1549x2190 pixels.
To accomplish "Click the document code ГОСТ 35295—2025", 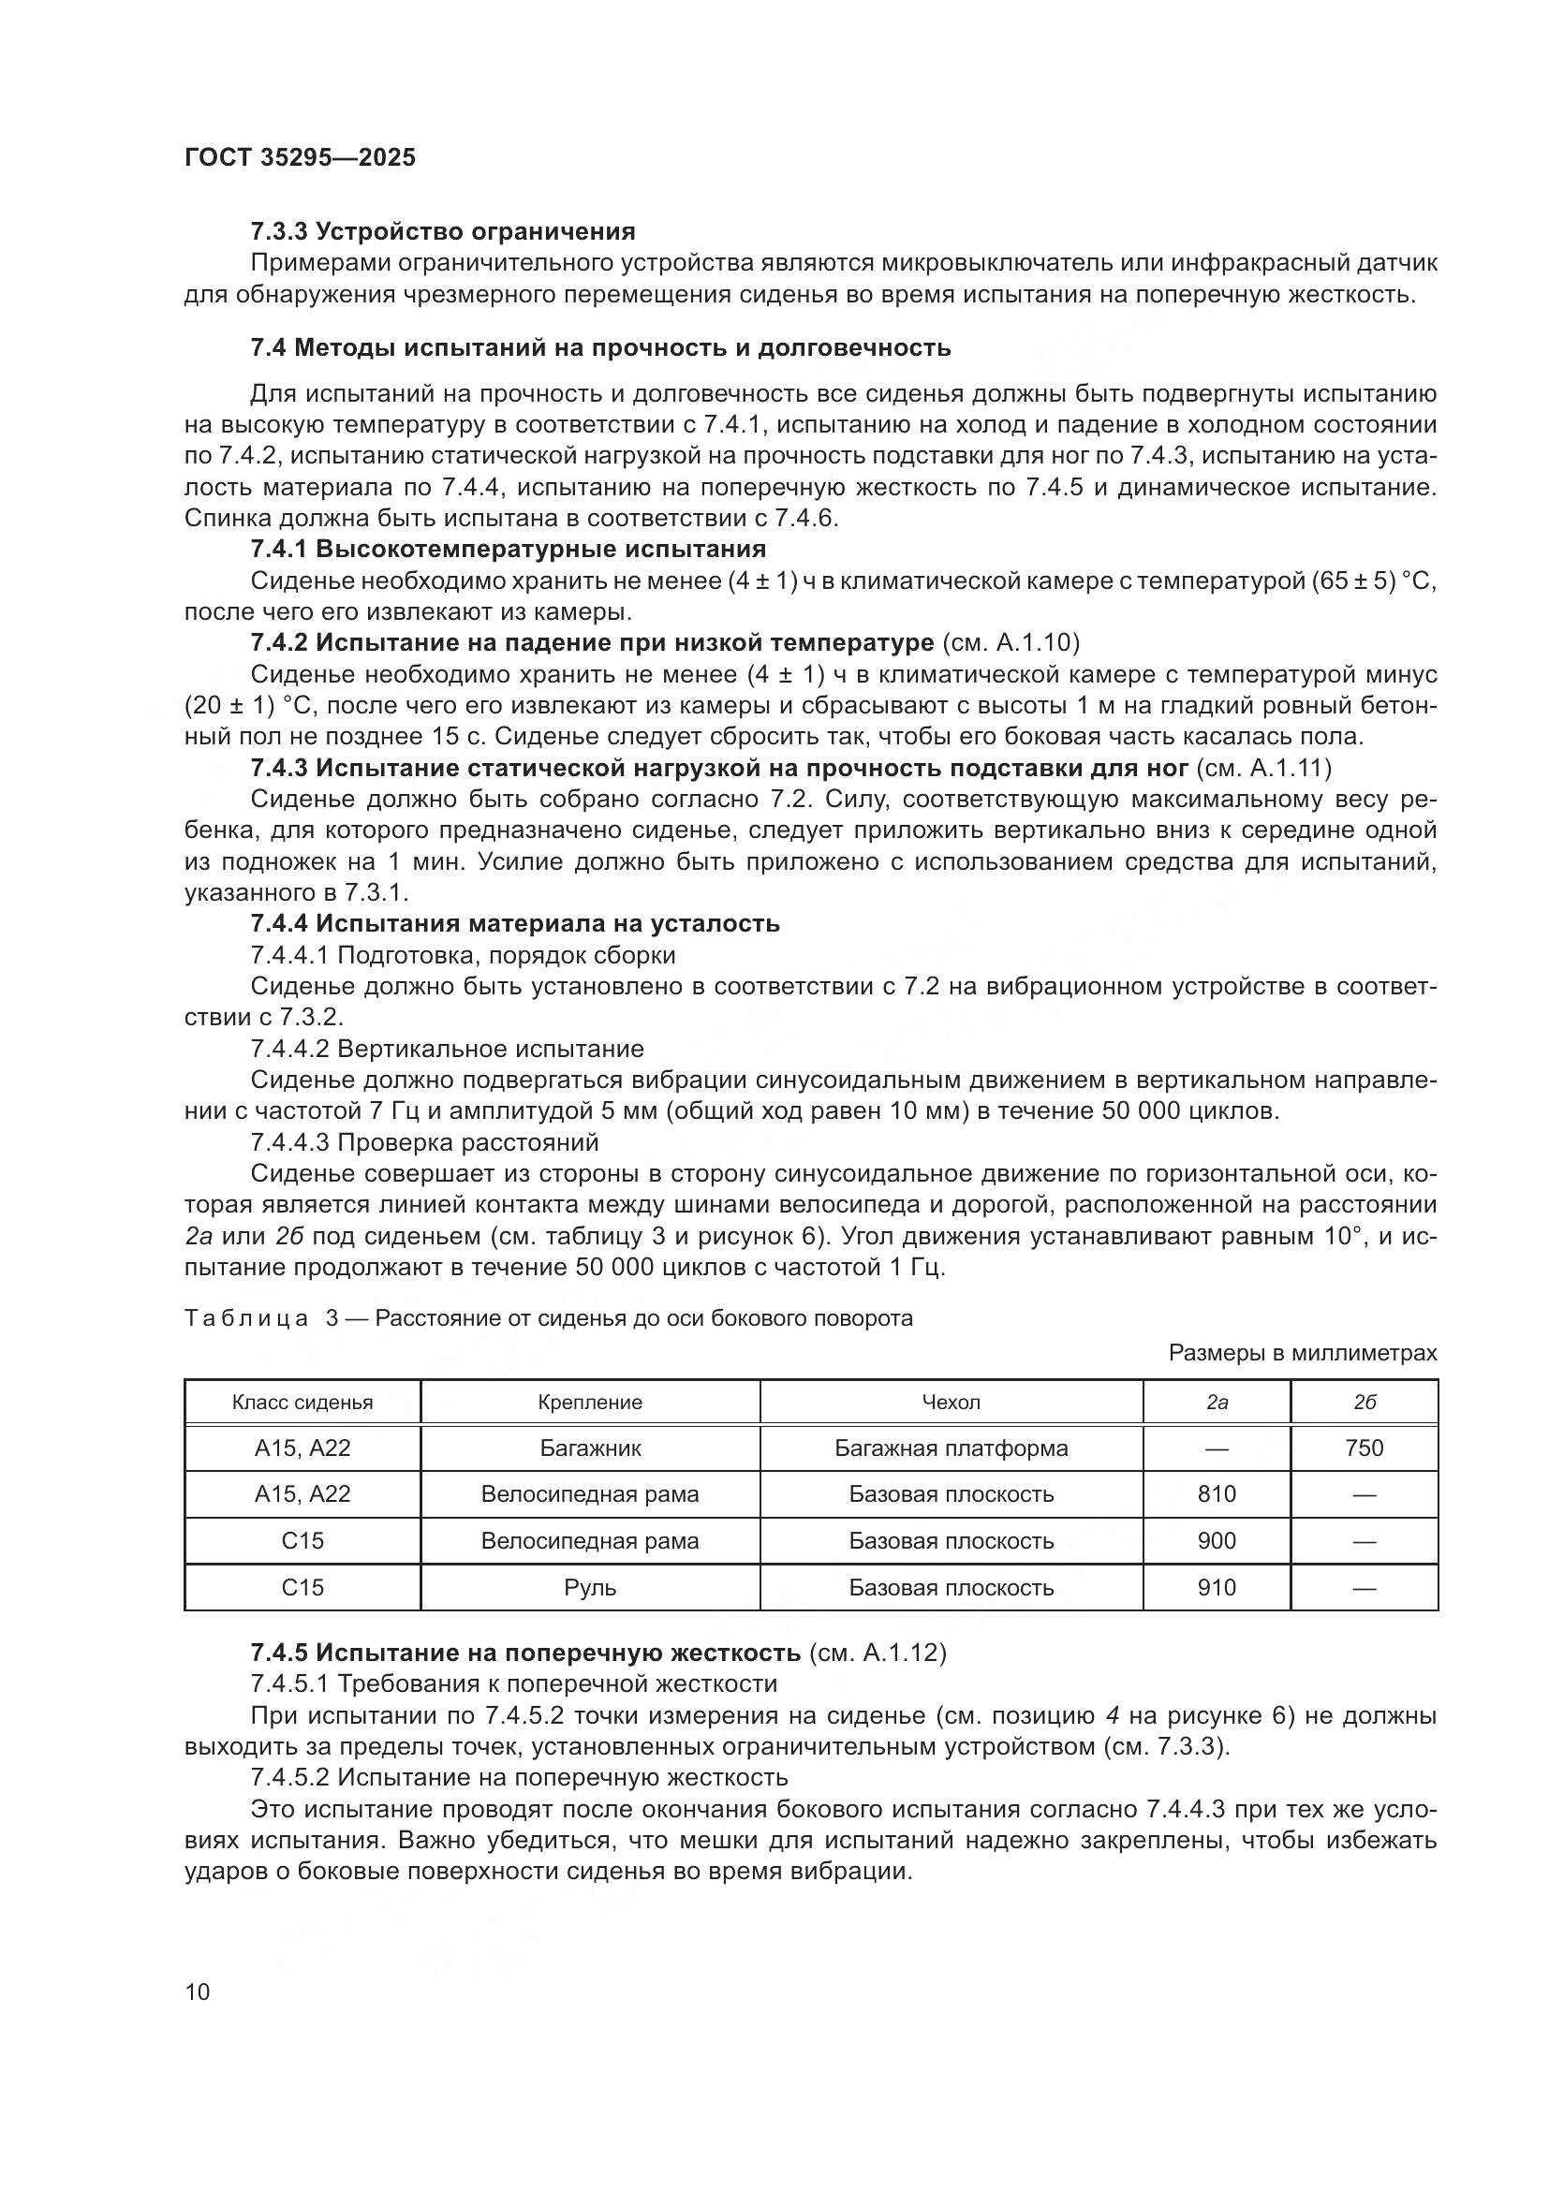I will (x=300, y=158).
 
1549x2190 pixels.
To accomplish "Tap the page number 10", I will (x=198, y=1992).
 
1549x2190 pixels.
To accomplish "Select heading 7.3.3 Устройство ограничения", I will (x=443, y=232).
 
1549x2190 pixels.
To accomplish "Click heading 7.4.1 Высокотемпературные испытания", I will (x=508, y=550).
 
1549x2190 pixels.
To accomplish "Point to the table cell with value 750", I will (x=1363, y=1448).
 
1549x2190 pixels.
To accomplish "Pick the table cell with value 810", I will (x=1217, y=1494).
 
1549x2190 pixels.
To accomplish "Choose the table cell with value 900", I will (x=1217, y=1541).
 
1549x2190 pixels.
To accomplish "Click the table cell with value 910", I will (x=1217, y=1588).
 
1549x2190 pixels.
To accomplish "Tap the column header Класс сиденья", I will (x=302, y=1404).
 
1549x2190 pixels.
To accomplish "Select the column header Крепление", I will (x=589, y=1404).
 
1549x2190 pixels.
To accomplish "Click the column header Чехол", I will (x=950, y=1404).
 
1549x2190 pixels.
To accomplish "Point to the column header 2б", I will (x=1363, y=1404).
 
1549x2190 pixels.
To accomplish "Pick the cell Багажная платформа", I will (x=950, y=1448).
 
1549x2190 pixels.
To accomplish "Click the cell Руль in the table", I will (x=589, y=1588).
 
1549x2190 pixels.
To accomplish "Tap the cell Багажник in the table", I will (x=589, y=1448).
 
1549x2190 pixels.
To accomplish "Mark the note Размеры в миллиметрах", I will (x=1302, y=1354).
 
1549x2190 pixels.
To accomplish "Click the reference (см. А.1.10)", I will (x=1011, y=644).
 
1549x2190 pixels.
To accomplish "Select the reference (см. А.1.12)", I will (x=878, y=1653).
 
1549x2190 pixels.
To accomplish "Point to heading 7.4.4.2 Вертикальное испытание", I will (x=447, y=1051).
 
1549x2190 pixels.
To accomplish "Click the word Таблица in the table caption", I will (x=246, y=1319).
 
